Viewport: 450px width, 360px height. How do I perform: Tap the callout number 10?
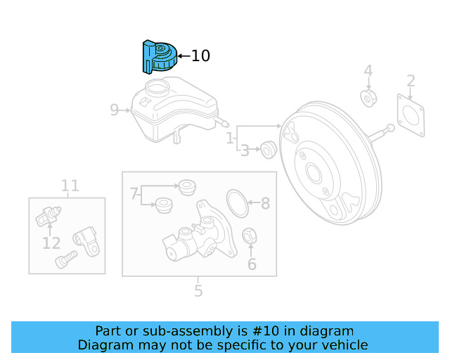(x=200, y=56)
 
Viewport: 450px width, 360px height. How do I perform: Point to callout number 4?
(x=368, y=71)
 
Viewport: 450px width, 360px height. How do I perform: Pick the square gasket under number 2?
(x=411, y=115)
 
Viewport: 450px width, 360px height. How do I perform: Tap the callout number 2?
(x=411, y=81)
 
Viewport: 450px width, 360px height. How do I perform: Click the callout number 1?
(x=230, y=139)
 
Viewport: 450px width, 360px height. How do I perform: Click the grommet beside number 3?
(x=267, y=149)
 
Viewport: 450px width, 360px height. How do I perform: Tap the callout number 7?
(x=134, y=193)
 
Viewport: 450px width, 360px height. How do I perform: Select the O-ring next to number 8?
(x=238, y=203)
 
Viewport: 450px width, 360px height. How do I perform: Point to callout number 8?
(x=265, y=204)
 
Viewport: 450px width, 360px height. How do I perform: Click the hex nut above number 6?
(x=250, y=236)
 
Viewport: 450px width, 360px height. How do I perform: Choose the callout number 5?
(x=198, y=290)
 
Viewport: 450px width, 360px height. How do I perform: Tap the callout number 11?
(x=70, y=186)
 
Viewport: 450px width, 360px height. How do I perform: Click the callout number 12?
(x=51, y=243)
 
